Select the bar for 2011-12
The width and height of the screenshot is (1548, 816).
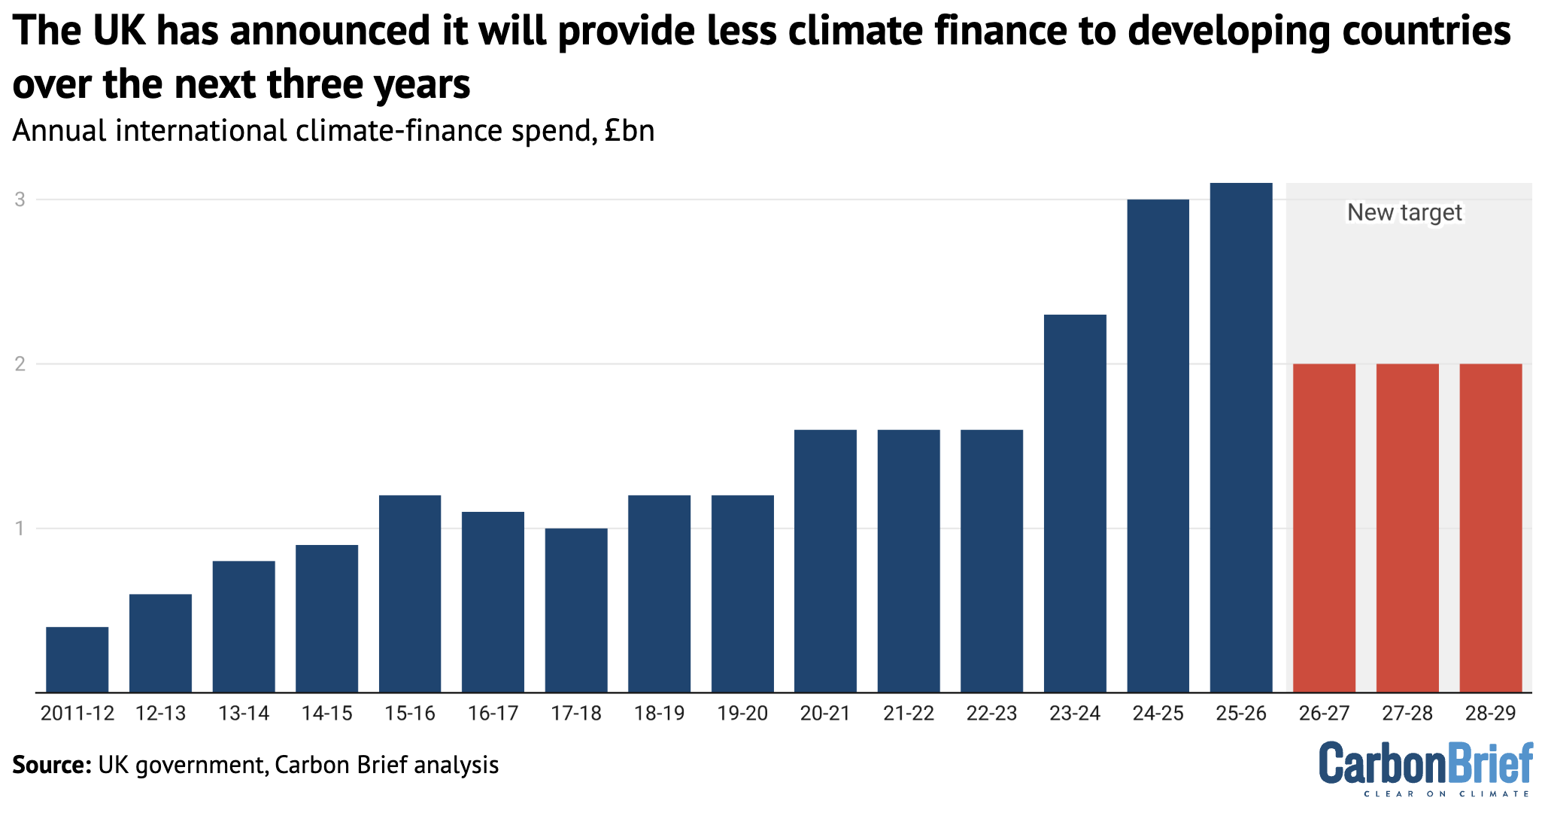77,659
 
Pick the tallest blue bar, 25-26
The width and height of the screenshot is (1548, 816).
1241,437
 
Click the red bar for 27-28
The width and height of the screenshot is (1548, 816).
1407,527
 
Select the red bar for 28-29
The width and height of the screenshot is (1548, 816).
1491,527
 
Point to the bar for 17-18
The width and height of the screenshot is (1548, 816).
576,610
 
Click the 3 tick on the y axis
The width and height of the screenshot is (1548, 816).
20,200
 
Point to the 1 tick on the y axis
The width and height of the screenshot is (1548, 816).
20,528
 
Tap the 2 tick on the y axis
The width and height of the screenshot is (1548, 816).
20,364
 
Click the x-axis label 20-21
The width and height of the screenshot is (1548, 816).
825,714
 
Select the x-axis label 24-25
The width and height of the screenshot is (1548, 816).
1158,714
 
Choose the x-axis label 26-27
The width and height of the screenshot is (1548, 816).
1324,714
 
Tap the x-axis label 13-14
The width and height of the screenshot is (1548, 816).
244,714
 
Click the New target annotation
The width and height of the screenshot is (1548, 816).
1404,213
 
